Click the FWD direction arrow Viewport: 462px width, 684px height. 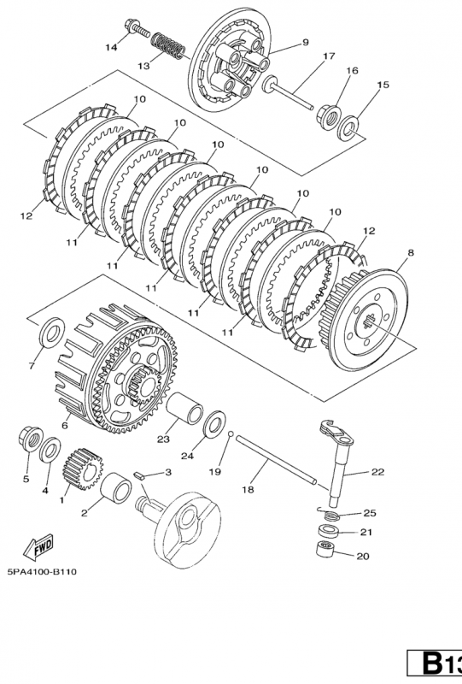pos(38,546)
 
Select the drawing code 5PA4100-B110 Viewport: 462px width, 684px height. pos(42,571)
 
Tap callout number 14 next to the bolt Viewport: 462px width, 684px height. pos(112,47)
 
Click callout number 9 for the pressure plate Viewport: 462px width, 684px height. pos(305,42)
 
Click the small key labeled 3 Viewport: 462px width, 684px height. pos(138,476)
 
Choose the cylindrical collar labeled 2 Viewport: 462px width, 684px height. pos(116,487)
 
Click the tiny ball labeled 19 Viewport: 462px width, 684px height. pos(231,433)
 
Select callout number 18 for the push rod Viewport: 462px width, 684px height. pos(248,490)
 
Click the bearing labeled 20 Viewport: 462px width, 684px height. pos(325,549)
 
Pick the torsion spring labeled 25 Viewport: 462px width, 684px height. pos(328,513)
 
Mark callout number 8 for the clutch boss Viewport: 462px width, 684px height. pos(411,252)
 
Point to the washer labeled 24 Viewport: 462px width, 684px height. pos(215,423)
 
